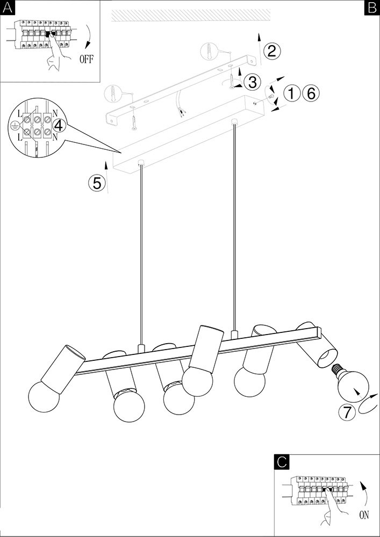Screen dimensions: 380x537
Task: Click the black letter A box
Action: point(7,7)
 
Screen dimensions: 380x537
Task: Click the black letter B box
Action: point(372,7)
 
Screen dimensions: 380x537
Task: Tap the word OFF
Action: point(86,59)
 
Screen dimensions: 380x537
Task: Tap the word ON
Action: point(364,515)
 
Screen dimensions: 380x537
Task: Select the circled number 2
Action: point(271,52)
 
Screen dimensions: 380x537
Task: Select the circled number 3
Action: point(252,82)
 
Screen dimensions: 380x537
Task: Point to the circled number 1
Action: point(291,93)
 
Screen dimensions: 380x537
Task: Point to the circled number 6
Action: point(311,93)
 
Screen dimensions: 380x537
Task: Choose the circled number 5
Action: point(97,184)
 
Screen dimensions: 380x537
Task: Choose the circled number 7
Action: point(347,412)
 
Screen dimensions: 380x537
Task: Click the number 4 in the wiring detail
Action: point(59,126)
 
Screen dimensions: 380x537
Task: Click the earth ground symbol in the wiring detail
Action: point(14,126)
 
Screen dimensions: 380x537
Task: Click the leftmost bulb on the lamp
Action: point(44,397)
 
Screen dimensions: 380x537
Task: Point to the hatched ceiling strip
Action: point(191,15)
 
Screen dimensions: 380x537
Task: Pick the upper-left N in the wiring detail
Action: point(55,112)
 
